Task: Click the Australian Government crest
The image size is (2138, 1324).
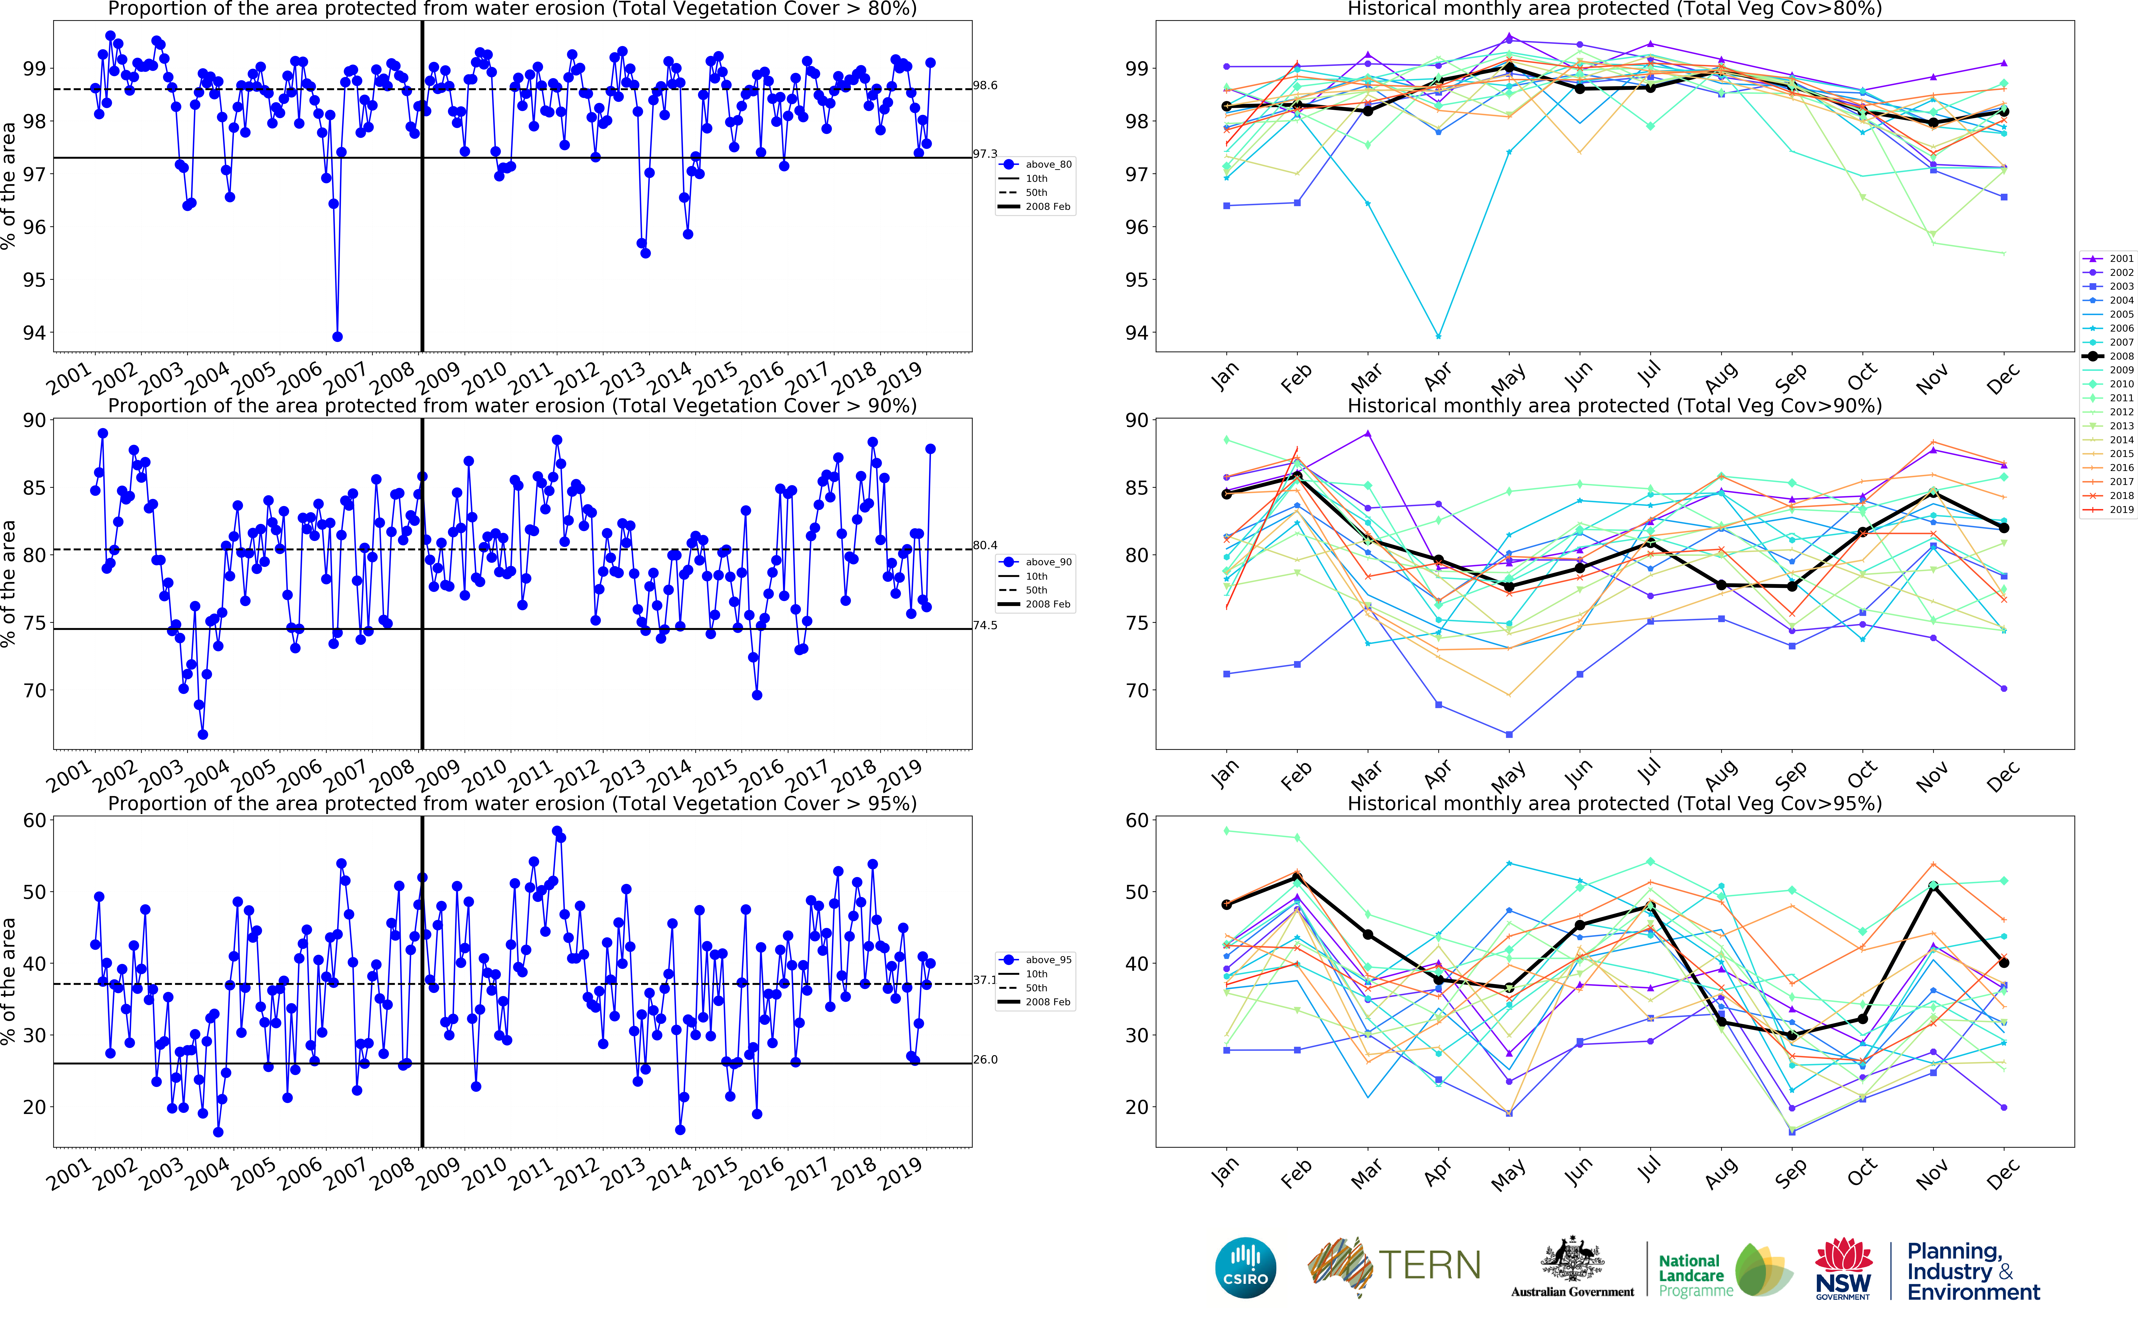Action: pos(1572,1261)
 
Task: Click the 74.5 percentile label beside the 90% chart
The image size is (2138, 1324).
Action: pos(985,625)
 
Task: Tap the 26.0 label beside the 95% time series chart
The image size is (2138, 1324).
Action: pos(985,1060)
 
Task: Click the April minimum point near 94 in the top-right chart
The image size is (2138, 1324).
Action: pos(1438,336)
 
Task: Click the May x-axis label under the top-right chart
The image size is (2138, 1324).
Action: pos(1508,379)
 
